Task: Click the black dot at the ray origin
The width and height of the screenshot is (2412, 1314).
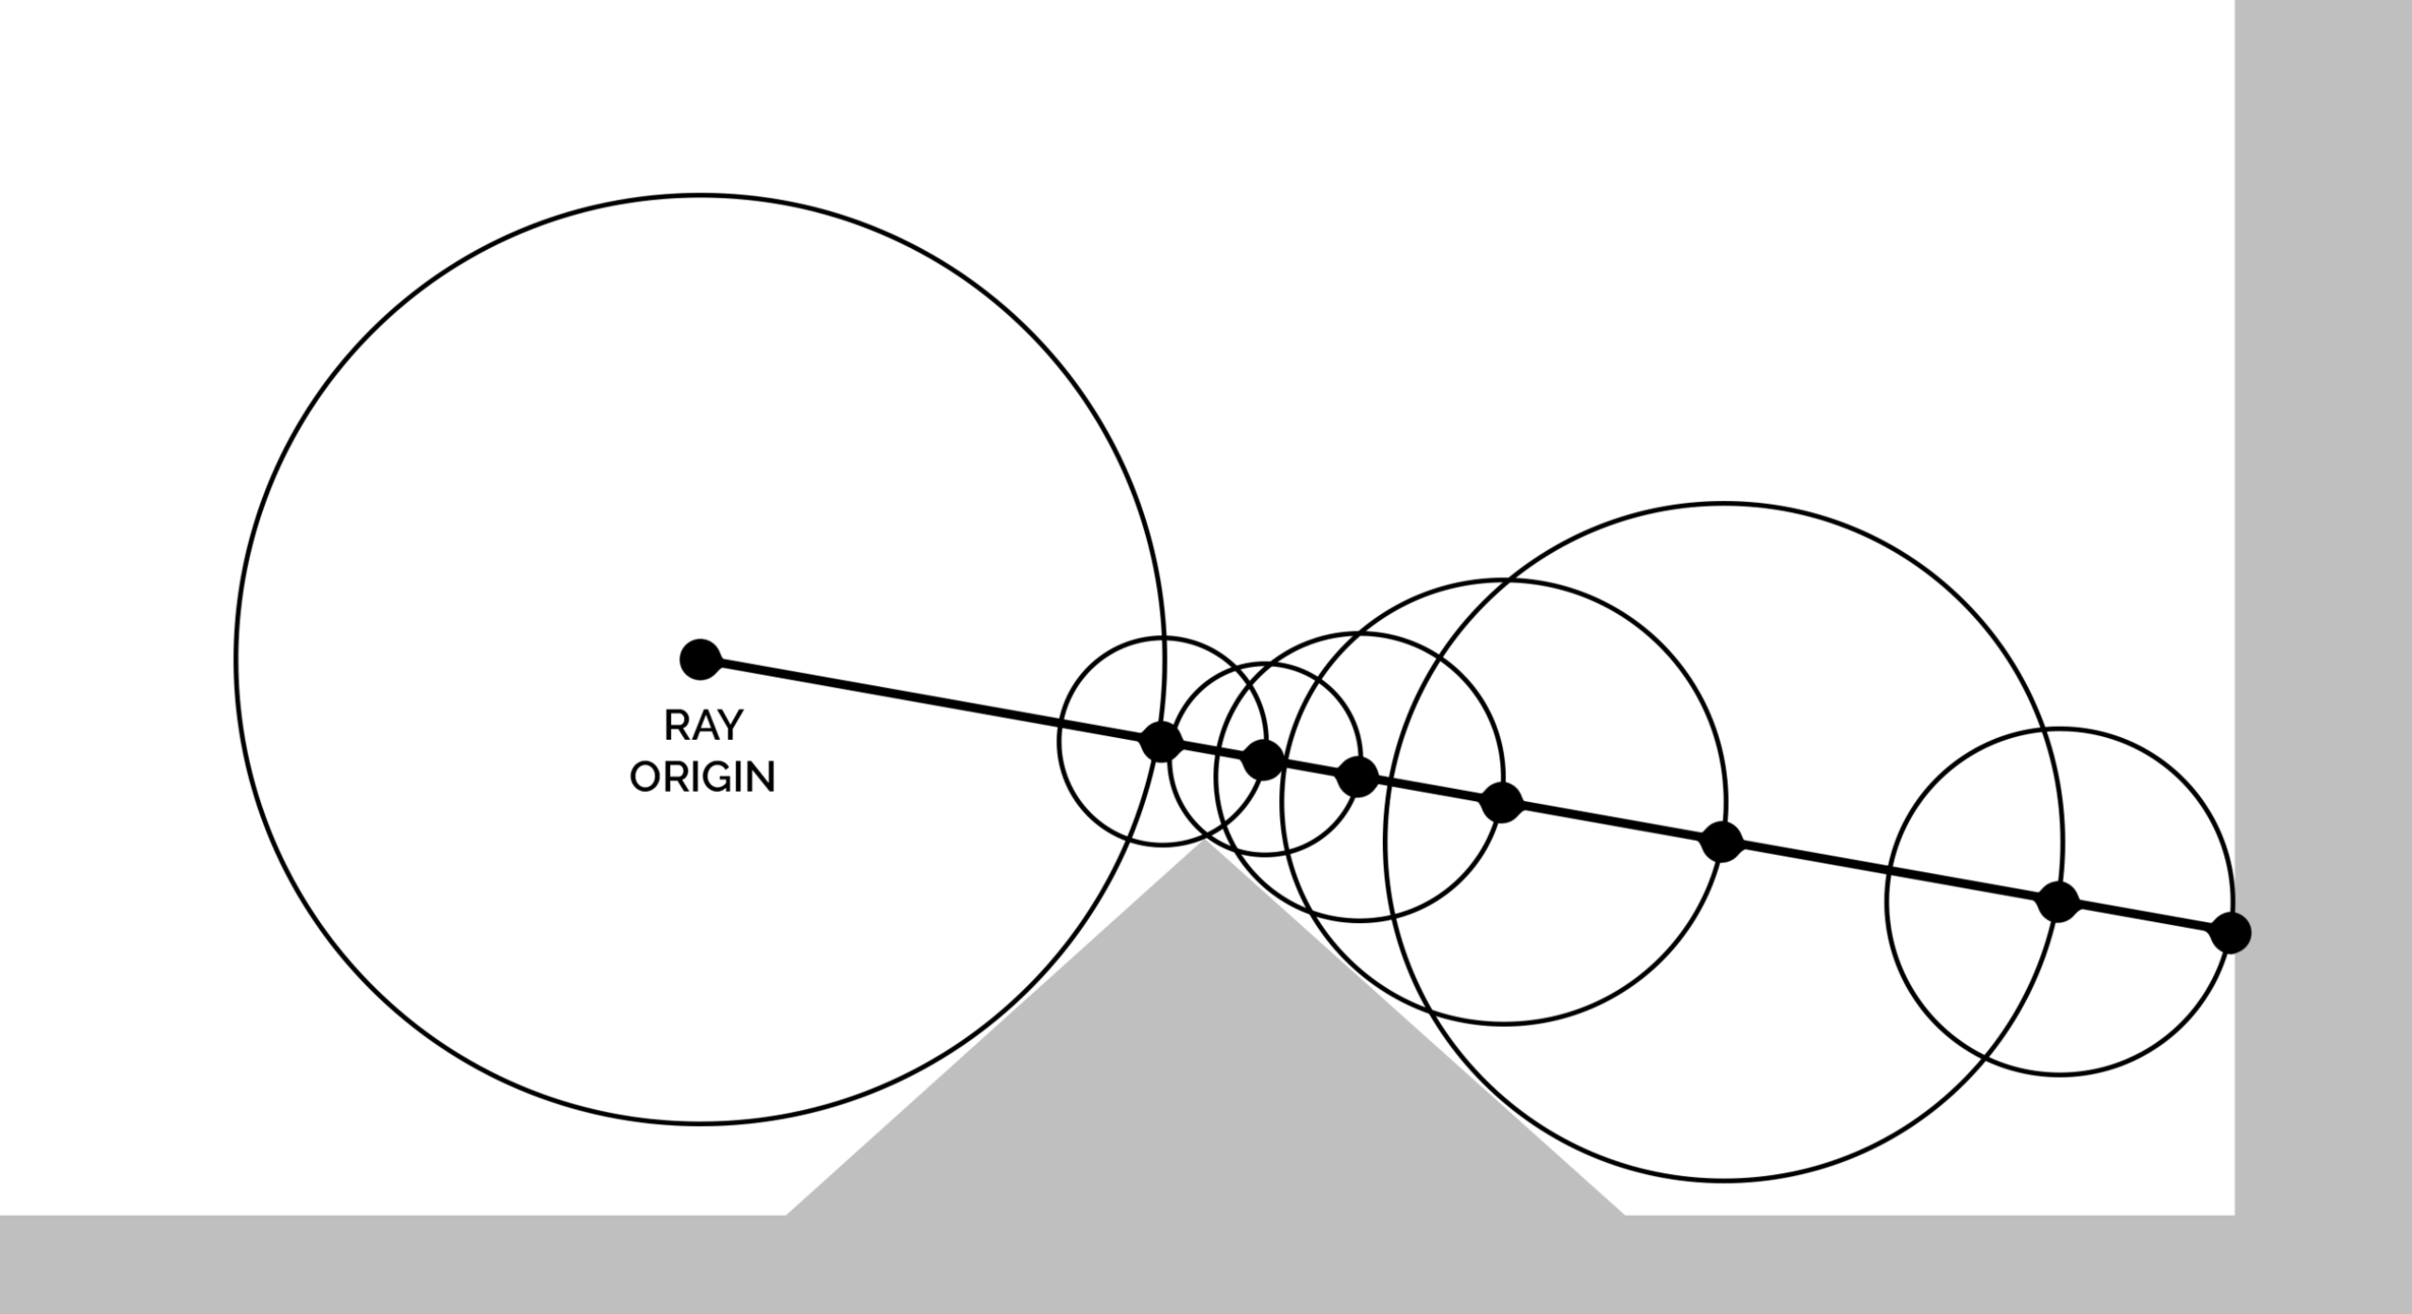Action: [x=700, y=659]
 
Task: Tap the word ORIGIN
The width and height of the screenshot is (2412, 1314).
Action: [x=702, y=777]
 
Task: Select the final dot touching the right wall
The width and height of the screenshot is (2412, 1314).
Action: [x=2231, y=933]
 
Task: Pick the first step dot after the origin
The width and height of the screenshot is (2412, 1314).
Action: [x=1161, y=742]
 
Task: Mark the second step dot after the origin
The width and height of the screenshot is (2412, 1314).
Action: [x=1263, y=759]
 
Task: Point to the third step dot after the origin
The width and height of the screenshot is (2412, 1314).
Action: [x=1358, y=776]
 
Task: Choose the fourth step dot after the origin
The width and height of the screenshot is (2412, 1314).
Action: [x=1502, y=803]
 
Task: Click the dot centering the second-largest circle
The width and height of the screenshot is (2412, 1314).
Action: [x=1722, y=842]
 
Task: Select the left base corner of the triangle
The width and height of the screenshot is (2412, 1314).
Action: [x=787, y=1215]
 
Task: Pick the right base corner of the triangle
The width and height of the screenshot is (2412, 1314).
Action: [x=1624, y=1215]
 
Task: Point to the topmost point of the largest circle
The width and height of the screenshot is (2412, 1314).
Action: [x=700, y=194]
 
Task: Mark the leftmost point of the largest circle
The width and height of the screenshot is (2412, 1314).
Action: [x=236, y=659]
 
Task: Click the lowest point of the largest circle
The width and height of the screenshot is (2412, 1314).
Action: [x=700, y=1123]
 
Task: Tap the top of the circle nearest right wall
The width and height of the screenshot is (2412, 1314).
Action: [x=2059, y=729]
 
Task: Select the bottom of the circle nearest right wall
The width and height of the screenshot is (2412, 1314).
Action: [x=2059, y=1074]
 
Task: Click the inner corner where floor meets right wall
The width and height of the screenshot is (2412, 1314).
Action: [x=2235, y=1215]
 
